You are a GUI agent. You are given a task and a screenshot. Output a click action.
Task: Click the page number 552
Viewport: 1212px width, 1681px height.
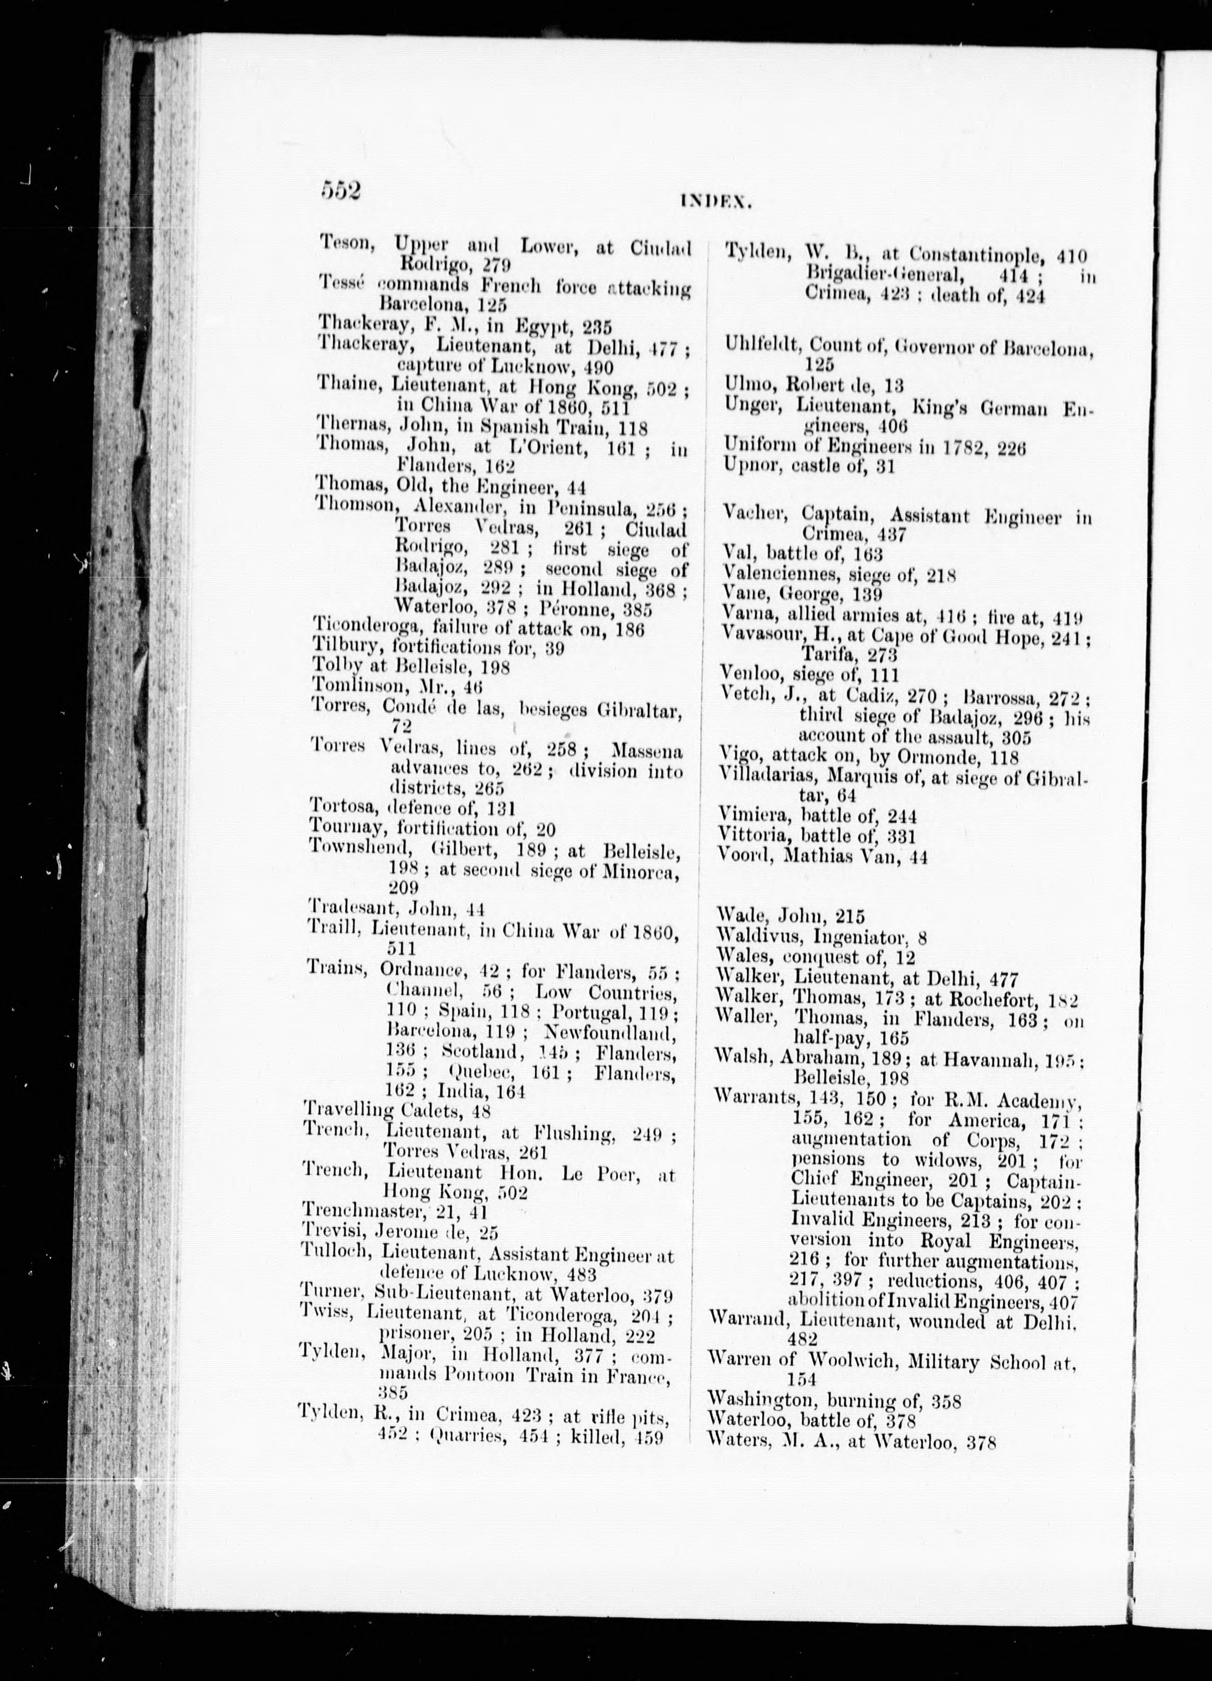[x=340, y=191]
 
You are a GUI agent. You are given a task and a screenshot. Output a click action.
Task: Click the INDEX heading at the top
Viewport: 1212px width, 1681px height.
[x=715, y=200]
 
